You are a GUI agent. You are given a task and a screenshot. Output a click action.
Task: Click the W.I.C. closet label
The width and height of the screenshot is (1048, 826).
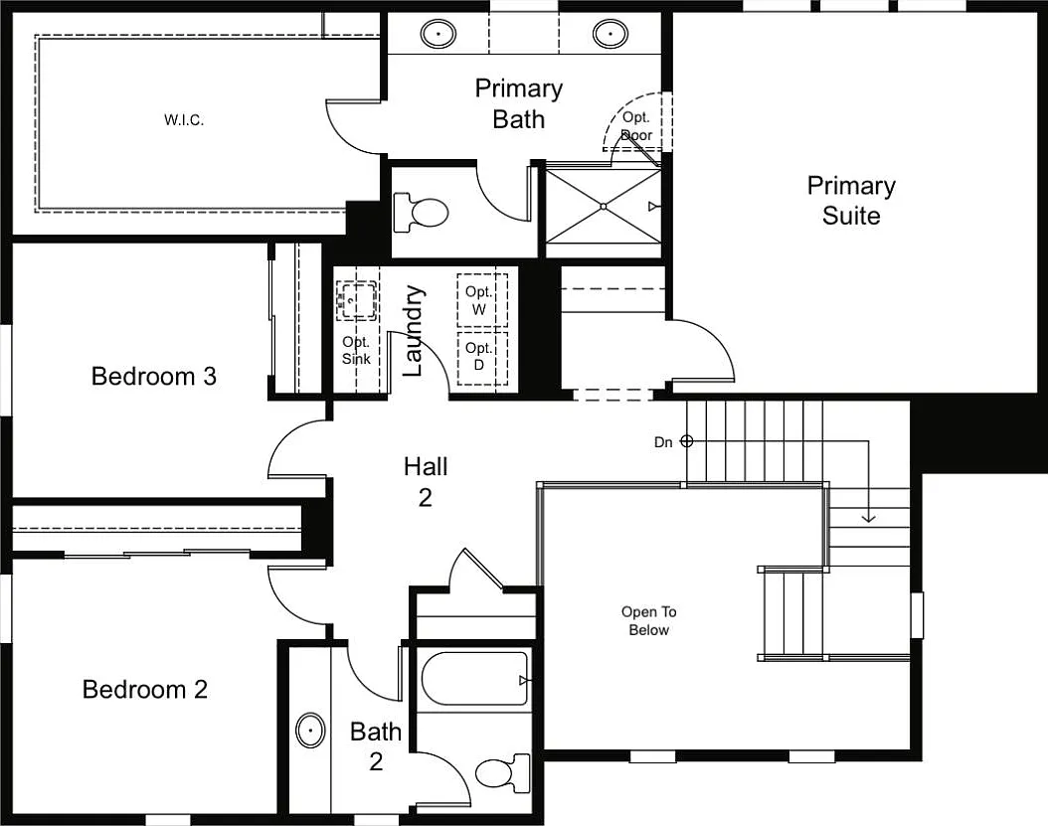[x=184, y=120]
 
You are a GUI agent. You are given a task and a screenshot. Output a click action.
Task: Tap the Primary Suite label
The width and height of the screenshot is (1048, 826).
[x=851, y=201]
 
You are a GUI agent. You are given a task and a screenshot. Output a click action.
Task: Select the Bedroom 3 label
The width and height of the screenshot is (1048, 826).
[x=154, y=377]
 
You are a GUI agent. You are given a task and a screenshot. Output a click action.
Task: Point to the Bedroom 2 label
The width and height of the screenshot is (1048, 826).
[x=145, y=689]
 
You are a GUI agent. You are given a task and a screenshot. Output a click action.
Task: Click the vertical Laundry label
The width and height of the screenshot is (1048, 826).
[x=414, y=331]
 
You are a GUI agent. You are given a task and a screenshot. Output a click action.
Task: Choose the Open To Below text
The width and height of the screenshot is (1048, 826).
[x=648, y=621]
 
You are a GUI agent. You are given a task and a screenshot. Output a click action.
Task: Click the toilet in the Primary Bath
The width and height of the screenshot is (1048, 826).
[x=421, y=213]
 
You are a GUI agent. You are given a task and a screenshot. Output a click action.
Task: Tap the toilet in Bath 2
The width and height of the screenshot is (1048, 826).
[x=502, y=772]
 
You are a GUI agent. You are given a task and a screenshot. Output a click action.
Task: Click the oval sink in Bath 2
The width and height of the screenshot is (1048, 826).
[x=310, y=731]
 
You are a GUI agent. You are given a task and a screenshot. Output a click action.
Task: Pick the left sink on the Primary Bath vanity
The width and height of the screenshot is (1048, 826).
[x=438, y=33]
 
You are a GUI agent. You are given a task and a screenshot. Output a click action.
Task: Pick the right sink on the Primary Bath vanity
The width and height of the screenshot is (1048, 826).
[x=611, y=33]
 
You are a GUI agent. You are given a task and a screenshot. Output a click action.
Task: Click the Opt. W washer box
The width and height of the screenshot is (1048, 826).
[x=482, y=300]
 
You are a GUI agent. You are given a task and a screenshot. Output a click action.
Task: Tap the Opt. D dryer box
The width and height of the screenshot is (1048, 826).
[x=482, y=358]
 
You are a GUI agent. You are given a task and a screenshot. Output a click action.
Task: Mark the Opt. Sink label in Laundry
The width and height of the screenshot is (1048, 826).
[x=356, y=350]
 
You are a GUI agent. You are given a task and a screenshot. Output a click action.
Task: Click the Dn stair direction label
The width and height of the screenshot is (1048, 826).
[x=663, y=442]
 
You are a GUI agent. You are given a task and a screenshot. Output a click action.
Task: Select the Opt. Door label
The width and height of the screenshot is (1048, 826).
[x=636, y=126]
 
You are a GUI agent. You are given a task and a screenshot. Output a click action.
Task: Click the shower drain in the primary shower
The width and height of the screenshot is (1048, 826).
[x=603, y=207]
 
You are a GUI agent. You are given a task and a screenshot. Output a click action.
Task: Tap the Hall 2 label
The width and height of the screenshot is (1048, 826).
[x=426, y=481]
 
